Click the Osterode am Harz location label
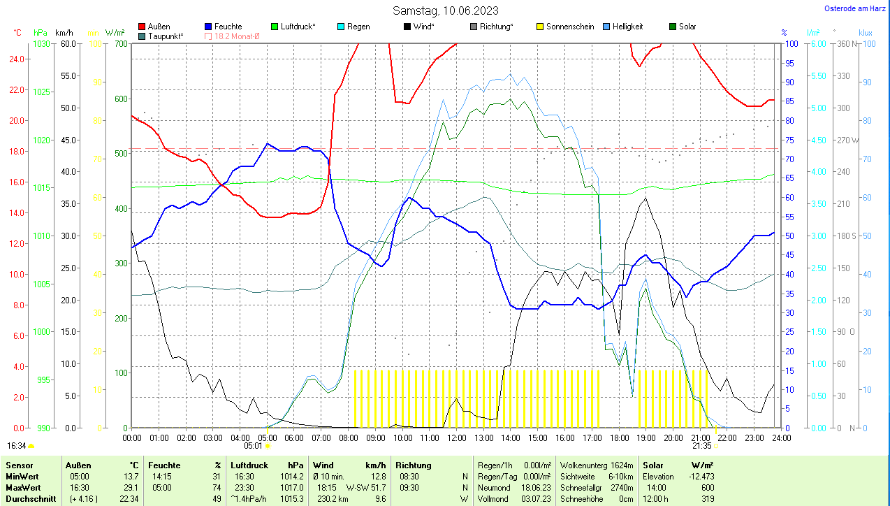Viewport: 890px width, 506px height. click(x=855, y=9)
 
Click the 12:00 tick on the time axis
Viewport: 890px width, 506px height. click(x=456, y=438)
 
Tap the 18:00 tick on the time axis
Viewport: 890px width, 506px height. click(x=619, y=438)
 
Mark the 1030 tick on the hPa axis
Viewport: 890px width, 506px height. click(x=42, y=43)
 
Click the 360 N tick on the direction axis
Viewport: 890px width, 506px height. click(x=847, y=43)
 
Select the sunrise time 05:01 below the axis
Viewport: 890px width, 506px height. click(x=253, y=445)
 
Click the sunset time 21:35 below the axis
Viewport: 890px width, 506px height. click(x=701, y=445)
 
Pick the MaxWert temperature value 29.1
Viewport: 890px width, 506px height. click(x=130, y=487)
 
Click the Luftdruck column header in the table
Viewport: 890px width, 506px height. click(x=249, y=465)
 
